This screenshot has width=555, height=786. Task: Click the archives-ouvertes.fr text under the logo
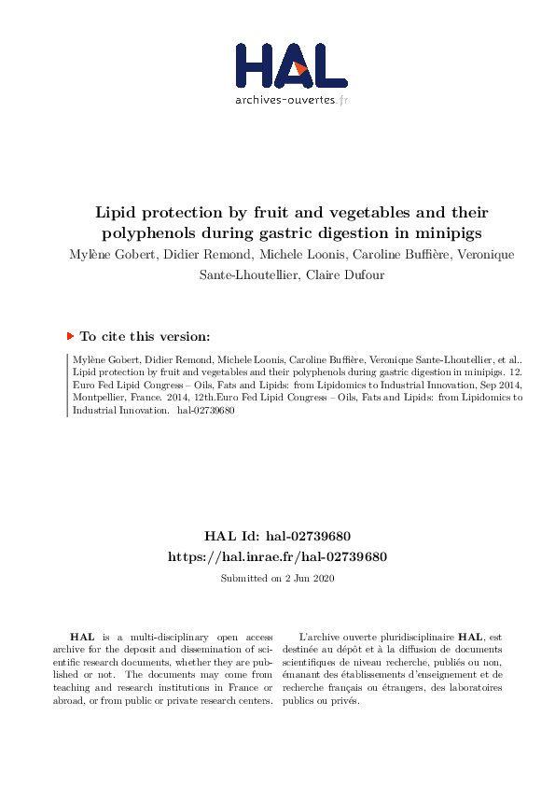pyautogui.click(x=291, y=100)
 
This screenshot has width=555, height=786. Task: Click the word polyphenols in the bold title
pyautogui.click(x=146, y=232)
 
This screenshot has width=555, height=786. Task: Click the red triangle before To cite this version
pyautogui.click(x=70, y=335)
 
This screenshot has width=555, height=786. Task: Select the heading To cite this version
pyautogui.click(x=145, y=336)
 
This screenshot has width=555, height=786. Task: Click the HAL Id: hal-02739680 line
pyautogui.click(x=277, y=536)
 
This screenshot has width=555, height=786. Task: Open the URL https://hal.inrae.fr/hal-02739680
pyautogui.click(x=277, y=556)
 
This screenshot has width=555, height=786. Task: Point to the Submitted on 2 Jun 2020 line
pyautogui.click(x=277, y=579)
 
